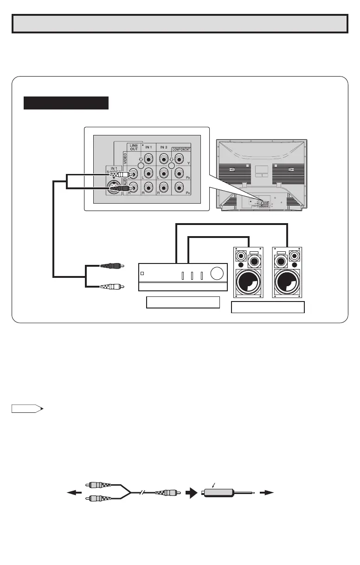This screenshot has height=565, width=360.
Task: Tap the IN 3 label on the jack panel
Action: (x=165, y=147)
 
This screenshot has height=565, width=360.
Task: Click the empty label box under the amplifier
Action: (x=183, y=302)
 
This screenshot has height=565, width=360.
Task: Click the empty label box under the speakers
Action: (x=268, y=307)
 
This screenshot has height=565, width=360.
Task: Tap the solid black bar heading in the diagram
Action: (x=66, y=103)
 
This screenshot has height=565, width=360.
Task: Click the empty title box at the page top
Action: (x=180, y=24)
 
